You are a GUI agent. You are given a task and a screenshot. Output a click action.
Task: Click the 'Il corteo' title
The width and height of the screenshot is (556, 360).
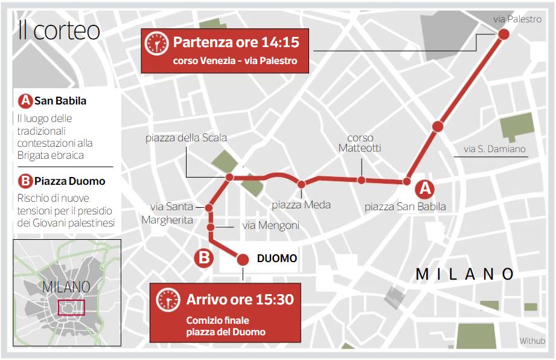59,30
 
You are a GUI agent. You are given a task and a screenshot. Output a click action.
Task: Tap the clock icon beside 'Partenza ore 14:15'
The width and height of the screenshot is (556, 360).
157,43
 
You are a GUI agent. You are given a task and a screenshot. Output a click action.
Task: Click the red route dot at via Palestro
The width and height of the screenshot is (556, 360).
503,34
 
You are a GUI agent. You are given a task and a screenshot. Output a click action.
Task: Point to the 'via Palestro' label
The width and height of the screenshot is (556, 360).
517,19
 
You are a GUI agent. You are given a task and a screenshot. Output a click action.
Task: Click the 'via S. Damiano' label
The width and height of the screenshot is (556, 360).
494,149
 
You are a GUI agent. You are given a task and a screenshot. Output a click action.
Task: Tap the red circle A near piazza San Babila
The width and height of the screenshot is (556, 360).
426,188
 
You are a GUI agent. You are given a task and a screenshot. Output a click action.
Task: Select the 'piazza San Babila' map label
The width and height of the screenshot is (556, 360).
405,207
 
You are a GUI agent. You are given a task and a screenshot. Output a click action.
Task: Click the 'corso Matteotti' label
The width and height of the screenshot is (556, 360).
360,143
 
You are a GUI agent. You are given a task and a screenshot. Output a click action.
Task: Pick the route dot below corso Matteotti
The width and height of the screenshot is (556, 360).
361,179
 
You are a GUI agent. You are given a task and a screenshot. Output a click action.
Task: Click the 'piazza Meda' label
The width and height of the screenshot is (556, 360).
301,205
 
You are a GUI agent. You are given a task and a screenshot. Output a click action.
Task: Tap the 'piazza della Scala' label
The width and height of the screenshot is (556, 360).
186,138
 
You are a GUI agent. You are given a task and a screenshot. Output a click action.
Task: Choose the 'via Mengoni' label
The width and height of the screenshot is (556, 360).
270,226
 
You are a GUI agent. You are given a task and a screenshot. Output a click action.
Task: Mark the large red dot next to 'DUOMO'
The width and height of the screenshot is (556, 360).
243,259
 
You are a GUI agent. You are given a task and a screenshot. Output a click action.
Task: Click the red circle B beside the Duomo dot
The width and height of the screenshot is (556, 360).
204,259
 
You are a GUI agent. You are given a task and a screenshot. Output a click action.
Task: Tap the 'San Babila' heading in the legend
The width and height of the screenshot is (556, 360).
60,101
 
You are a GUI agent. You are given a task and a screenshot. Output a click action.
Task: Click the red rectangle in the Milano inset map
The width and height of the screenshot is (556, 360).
71,307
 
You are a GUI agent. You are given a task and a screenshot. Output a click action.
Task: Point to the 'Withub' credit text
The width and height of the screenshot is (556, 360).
532,341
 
